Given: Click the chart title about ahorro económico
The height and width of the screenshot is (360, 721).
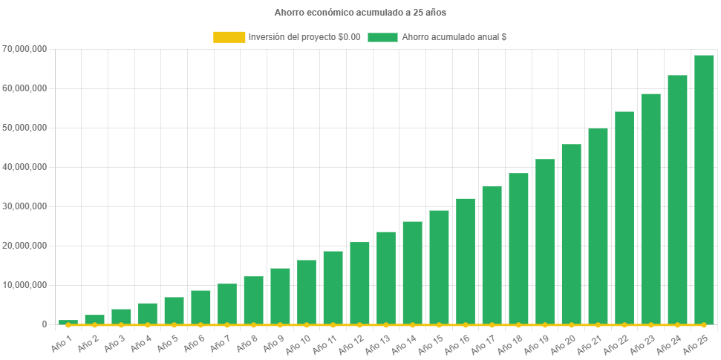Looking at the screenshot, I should [x=360, y=13].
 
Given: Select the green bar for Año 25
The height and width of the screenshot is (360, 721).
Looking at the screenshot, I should [x=704, y=189].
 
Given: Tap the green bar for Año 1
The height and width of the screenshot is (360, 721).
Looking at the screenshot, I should [x=68, y=322].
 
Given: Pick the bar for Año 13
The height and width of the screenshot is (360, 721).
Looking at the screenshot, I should [x=386, y=278].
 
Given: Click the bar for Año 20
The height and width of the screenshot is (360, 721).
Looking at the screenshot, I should [x=571, y=234].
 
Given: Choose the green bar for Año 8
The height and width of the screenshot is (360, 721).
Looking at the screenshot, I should [x=253, y=300].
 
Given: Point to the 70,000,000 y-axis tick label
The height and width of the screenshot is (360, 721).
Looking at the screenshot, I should [x=25, y=49].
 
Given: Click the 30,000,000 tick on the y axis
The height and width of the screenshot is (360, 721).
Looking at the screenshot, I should [x=25, y=206].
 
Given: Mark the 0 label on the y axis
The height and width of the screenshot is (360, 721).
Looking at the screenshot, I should [x=44, y=324].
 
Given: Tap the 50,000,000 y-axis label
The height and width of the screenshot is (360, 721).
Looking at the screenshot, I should [x=25, y=128].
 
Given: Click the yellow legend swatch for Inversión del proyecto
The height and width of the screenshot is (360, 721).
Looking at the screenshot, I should [x=229, y=37].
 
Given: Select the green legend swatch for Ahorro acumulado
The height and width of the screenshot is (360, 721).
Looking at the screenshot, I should [x=382, y=37].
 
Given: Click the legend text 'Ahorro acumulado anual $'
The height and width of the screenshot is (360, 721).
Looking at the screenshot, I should [x=454, y=37].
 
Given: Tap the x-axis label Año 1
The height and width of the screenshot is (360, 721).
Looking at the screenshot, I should [x=62, y=342].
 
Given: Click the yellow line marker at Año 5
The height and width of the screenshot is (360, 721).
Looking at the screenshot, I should [x=174, y=325].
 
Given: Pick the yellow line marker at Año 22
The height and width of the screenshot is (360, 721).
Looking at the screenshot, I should [x=624, y=325].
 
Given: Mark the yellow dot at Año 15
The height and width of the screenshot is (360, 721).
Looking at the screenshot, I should [x=439, y=325].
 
